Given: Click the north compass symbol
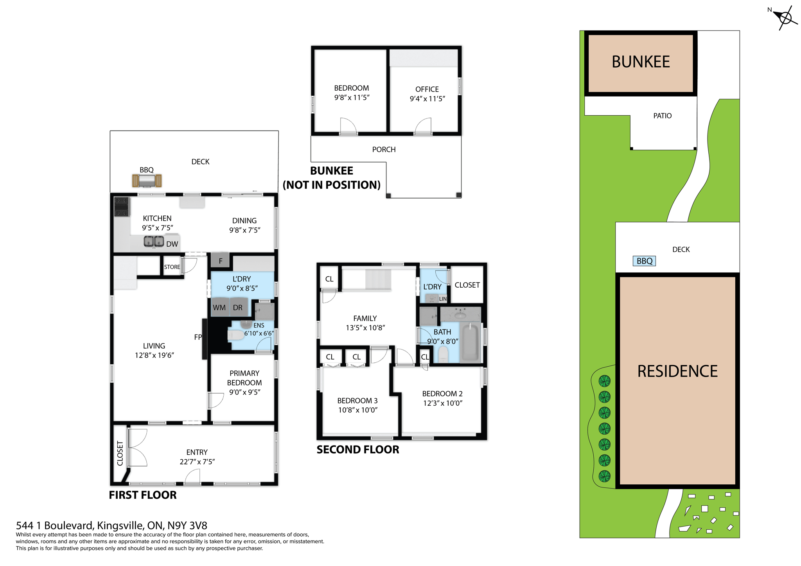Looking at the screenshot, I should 785,18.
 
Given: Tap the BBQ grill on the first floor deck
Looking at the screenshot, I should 147,181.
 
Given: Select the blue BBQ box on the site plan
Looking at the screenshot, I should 644,261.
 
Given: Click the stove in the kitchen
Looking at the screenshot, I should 122,207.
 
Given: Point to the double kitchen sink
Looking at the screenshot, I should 154,242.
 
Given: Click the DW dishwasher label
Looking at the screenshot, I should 172,244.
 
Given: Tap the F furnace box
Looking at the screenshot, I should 220,261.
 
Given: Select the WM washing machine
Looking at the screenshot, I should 219,308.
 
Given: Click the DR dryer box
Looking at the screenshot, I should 238,308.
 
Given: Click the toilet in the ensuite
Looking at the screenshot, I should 236,335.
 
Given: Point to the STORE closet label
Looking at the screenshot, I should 172,267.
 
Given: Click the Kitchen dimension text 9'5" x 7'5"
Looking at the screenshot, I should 157,227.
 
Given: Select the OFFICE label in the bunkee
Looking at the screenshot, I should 427,89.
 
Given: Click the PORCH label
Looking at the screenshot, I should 384,149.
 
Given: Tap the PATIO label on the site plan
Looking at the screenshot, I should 662,116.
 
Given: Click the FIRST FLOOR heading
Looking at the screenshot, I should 143,495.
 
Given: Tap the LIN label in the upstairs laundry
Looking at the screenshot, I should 442,299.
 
